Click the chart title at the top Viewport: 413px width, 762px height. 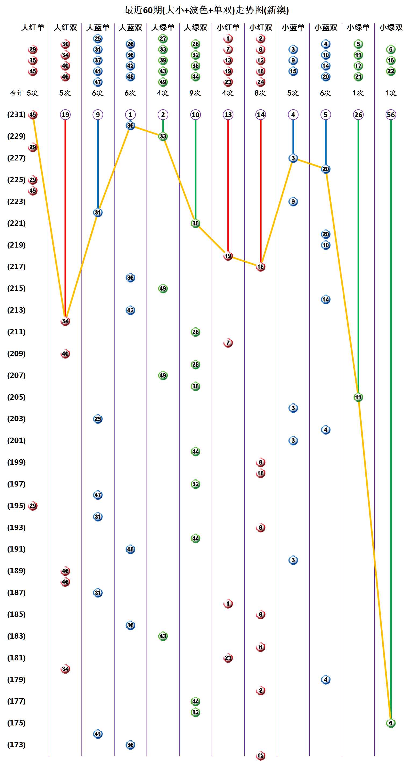click(x=206, y=10)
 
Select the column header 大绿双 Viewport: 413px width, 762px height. click(x=195, y=27)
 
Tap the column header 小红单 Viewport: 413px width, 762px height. click(x=228, y=27)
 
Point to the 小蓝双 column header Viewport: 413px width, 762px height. click(x=325, y=27)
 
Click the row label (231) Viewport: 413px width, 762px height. click(x=16, y=115)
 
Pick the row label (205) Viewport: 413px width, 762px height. click(x=16, y=397)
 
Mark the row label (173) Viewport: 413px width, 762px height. click(x=16, y=745)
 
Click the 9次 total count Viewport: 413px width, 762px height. click(x=195, y=93)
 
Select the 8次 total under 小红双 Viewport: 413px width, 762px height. click(x=260, y=93)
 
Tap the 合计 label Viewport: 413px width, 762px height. click(x=16, y=93)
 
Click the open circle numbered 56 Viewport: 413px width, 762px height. click(x=390, y=115)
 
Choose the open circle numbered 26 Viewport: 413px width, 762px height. click(x=358, y=115)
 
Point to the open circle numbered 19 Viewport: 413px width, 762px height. click(x=65, y=115)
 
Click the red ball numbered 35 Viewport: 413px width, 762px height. click(x=33, y=60)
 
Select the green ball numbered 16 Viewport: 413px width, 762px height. click(x=390, y=60)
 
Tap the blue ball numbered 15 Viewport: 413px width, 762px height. click(x=293, y=71)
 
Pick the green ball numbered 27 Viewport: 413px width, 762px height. click(x=163, y=38)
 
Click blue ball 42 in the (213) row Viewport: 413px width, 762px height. click(x=130, y=310)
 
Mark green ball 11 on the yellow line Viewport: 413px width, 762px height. click(x=358, y=397)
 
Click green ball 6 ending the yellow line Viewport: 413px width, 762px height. click(x=390, y=723)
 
